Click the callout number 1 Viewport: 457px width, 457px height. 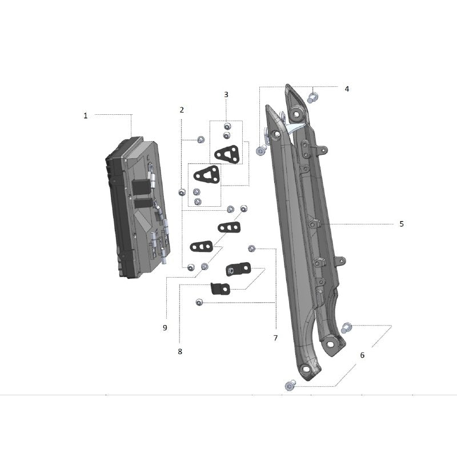point(86,115)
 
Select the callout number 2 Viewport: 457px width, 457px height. point(182,109)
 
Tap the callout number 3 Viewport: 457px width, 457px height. point(226,94)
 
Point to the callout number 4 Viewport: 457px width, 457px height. point(347,89)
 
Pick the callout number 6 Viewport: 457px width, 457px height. point(362,355)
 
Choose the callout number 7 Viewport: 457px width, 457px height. point(275,338)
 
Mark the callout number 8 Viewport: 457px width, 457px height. point(180,352)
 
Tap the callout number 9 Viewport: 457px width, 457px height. point(165,328)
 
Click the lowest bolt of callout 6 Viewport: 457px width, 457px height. point(289,387)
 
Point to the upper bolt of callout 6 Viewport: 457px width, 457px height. point(346,328)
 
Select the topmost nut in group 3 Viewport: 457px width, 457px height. point(227,127)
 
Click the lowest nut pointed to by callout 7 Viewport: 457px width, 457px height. point(199,302)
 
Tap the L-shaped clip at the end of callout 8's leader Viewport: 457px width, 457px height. point(219,288)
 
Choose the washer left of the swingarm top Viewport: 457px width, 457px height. point(261,151)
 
